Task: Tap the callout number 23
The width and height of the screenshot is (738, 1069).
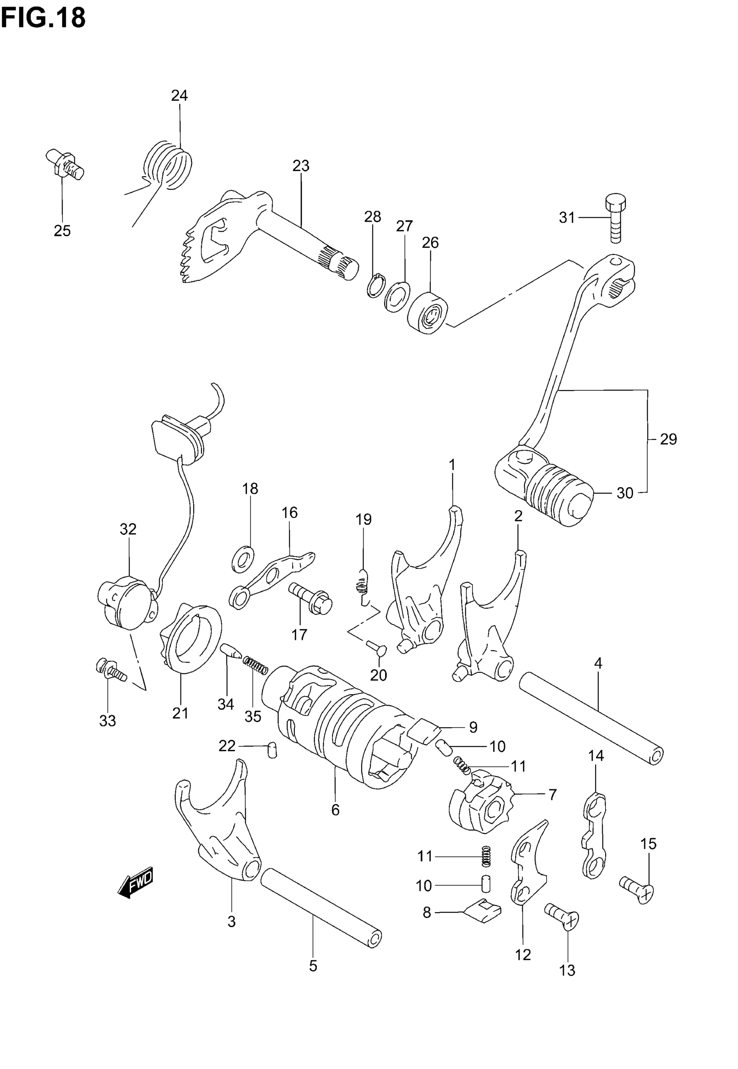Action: point(300,166)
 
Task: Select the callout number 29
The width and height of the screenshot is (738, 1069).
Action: point(668,439)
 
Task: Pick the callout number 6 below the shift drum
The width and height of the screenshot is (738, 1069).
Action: point(335,809)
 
